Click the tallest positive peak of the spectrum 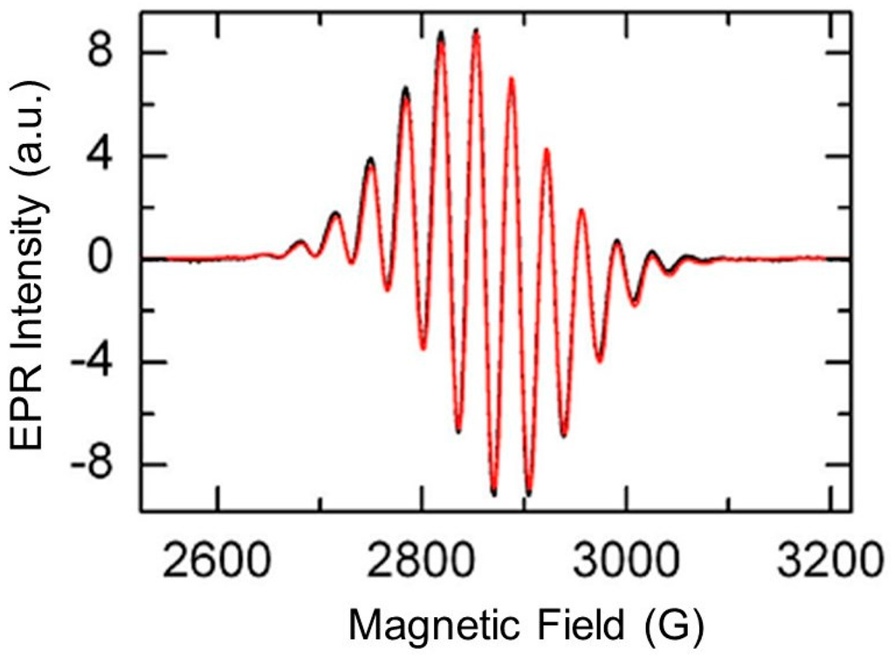(476, 31)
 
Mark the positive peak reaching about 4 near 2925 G (547, 150)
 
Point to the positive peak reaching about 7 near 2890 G (512, 79)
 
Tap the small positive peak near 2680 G (300, 243)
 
